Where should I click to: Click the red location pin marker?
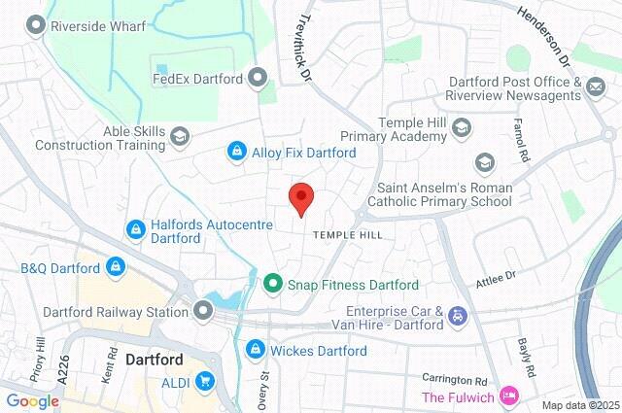point(301,197)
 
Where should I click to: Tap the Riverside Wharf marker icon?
point(37,27)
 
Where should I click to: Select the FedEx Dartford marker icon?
point(258,76)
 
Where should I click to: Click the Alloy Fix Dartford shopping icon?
point(236,152)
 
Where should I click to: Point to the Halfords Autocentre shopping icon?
point(135,229)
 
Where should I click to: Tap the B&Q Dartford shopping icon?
point(116,266)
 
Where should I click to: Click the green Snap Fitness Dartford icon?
point(273,285)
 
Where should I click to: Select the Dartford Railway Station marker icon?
point(203,312)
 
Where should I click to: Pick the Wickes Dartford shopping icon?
point(256,348)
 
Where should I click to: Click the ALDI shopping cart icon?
point(205,382)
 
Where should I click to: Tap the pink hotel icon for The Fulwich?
point(506,396)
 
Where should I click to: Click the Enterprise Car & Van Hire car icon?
point(457,315)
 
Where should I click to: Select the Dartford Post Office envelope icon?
point(595,89)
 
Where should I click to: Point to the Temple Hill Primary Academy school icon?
point(461,128)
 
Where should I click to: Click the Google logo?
point(32,400)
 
